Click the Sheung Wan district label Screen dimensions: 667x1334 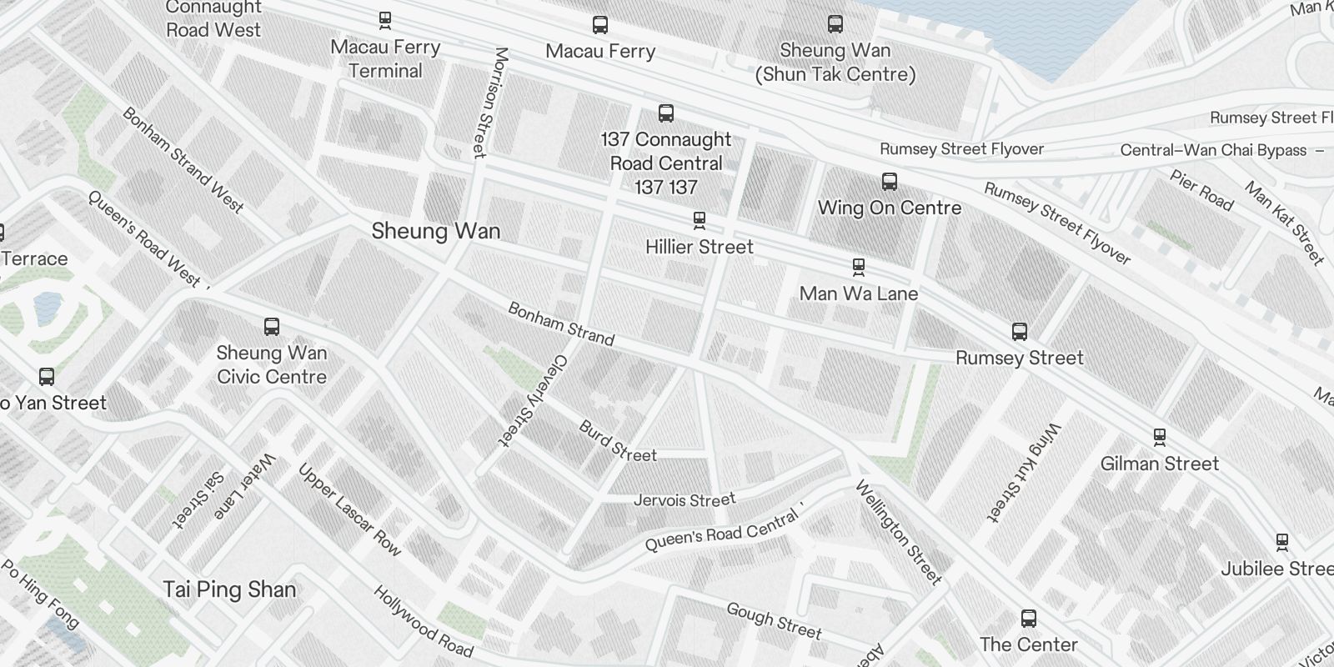435,231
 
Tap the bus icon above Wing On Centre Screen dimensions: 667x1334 890,181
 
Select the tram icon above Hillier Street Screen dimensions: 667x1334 700,220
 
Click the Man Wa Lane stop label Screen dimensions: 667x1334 858,293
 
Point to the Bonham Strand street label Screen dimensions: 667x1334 560,324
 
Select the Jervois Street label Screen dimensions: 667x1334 685,500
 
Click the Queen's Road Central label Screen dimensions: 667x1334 722,531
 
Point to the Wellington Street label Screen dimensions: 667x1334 899,533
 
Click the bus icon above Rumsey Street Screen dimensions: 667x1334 1019,332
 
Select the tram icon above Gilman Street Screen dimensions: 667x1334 1159,436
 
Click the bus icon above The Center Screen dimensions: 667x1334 1029,619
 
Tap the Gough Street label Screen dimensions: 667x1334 774,621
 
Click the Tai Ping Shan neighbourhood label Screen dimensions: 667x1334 229,589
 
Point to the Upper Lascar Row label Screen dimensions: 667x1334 350,509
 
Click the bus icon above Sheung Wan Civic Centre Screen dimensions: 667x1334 272,326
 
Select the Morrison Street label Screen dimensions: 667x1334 489,103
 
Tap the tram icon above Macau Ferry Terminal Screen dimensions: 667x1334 385,19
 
